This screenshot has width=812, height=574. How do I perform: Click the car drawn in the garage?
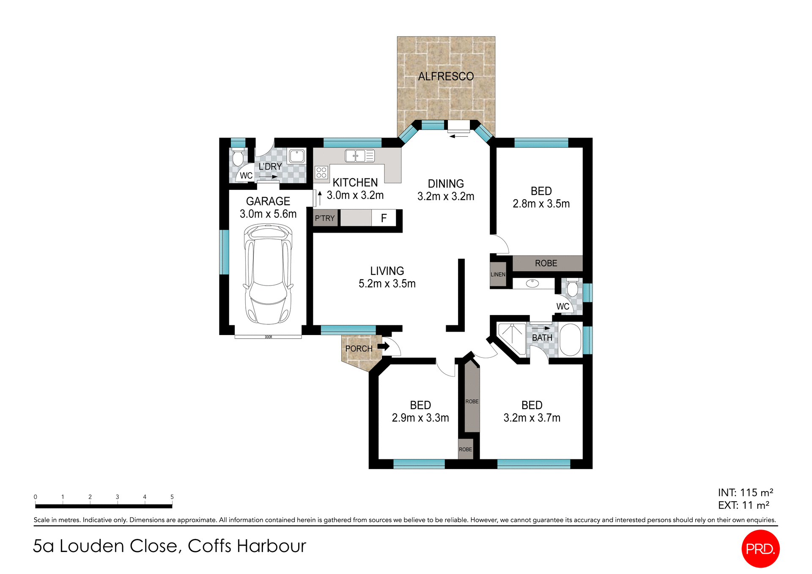tap(268, 274)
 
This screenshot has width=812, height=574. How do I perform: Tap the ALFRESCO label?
tap(446, 77)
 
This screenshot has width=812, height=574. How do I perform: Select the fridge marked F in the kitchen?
tap(384, 218)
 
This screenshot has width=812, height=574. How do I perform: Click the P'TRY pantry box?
tap(325, 218)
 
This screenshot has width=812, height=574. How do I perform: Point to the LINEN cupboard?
tap(498, 275)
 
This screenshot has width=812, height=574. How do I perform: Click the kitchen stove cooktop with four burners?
tap(321, 172)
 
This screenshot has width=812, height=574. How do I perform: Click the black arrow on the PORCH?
tap(383, 346)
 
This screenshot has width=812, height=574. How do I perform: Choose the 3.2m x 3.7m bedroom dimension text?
tap(532, 418)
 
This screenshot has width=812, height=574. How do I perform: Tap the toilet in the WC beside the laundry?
tap(238, 157)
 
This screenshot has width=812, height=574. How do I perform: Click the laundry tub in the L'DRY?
tap(296, 156)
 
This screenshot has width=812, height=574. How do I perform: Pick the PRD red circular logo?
tap(760, 549)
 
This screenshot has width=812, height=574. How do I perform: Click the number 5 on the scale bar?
tap(172, 497)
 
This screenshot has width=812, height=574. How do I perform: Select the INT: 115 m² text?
tap(745, 492)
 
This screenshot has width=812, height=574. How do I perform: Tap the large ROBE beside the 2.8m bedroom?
tap(546, 263)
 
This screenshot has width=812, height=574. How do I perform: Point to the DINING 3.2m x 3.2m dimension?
tap(446, 196)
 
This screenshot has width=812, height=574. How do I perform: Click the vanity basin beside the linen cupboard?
tap(532, 283)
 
